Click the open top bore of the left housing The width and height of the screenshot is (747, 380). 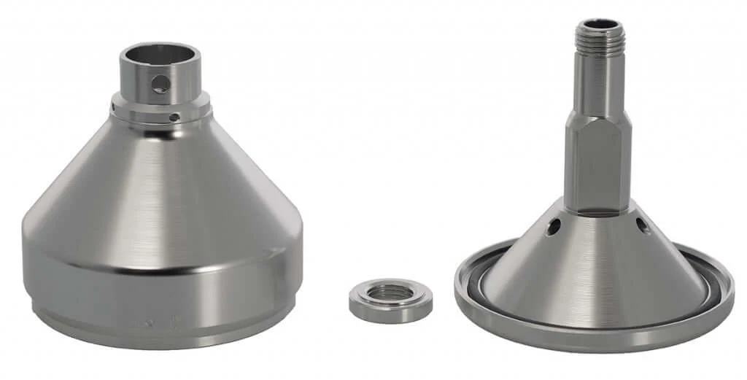tap(159, 55)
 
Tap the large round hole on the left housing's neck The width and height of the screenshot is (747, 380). tap(160, 85)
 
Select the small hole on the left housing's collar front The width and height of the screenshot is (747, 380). tap(174, 117)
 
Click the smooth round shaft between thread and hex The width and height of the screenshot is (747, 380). tap(597, 88)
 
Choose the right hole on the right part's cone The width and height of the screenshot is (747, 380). tap(643, 226)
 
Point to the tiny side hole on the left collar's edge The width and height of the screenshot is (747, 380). tap(115, 109)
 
